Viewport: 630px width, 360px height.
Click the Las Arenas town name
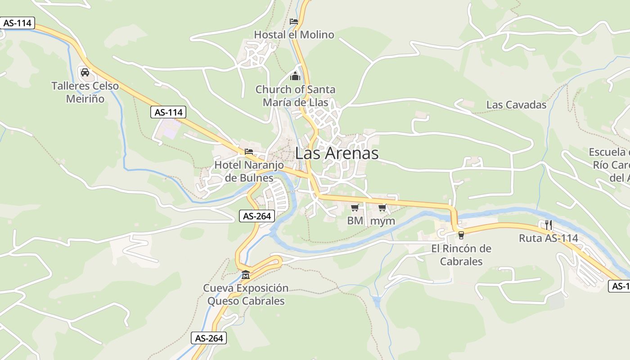pos(337,153)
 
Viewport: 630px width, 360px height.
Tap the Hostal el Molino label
pos(294,35)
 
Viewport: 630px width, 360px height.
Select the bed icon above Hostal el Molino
pos(294,21)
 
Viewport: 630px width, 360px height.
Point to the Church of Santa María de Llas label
pos(295,96)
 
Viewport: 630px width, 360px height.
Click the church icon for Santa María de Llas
pos(295,76)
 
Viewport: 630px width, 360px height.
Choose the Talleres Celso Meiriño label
pos(85,92)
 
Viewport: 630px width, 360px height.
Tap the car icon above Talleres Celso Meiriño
pos(85,72)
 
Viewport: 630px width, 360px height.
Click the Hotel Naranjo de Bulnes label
pos(249,171)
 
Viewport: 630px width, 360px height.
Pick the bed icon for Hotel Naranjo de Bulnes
pos(249,152)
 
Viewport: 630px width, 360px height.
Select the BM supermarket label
pos(355,221)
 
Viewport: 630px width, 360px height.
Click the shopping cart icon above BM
pos(355,207)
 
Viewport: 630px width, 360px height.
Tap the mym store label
pos(382,221)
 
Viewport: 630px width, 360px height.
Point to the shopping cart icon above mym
pos(382,207)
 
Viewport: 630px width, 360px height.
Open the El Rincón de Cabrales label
pos(461,255)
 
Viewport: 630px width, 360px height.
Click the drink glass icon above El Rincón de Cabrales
pos(461,235)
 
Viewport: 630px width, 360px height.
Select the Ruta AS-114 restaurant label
pos(548,238)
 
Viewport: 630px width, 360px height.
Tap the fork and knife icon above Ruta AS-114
pos(548,225)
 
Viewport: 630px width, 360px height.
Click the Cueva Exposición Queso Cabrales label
pos(246,294)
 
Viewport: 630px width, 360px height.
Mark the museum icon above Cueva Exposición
pos(246,274)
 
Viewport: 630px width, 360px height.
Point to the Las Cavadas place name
pos(516,105)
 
